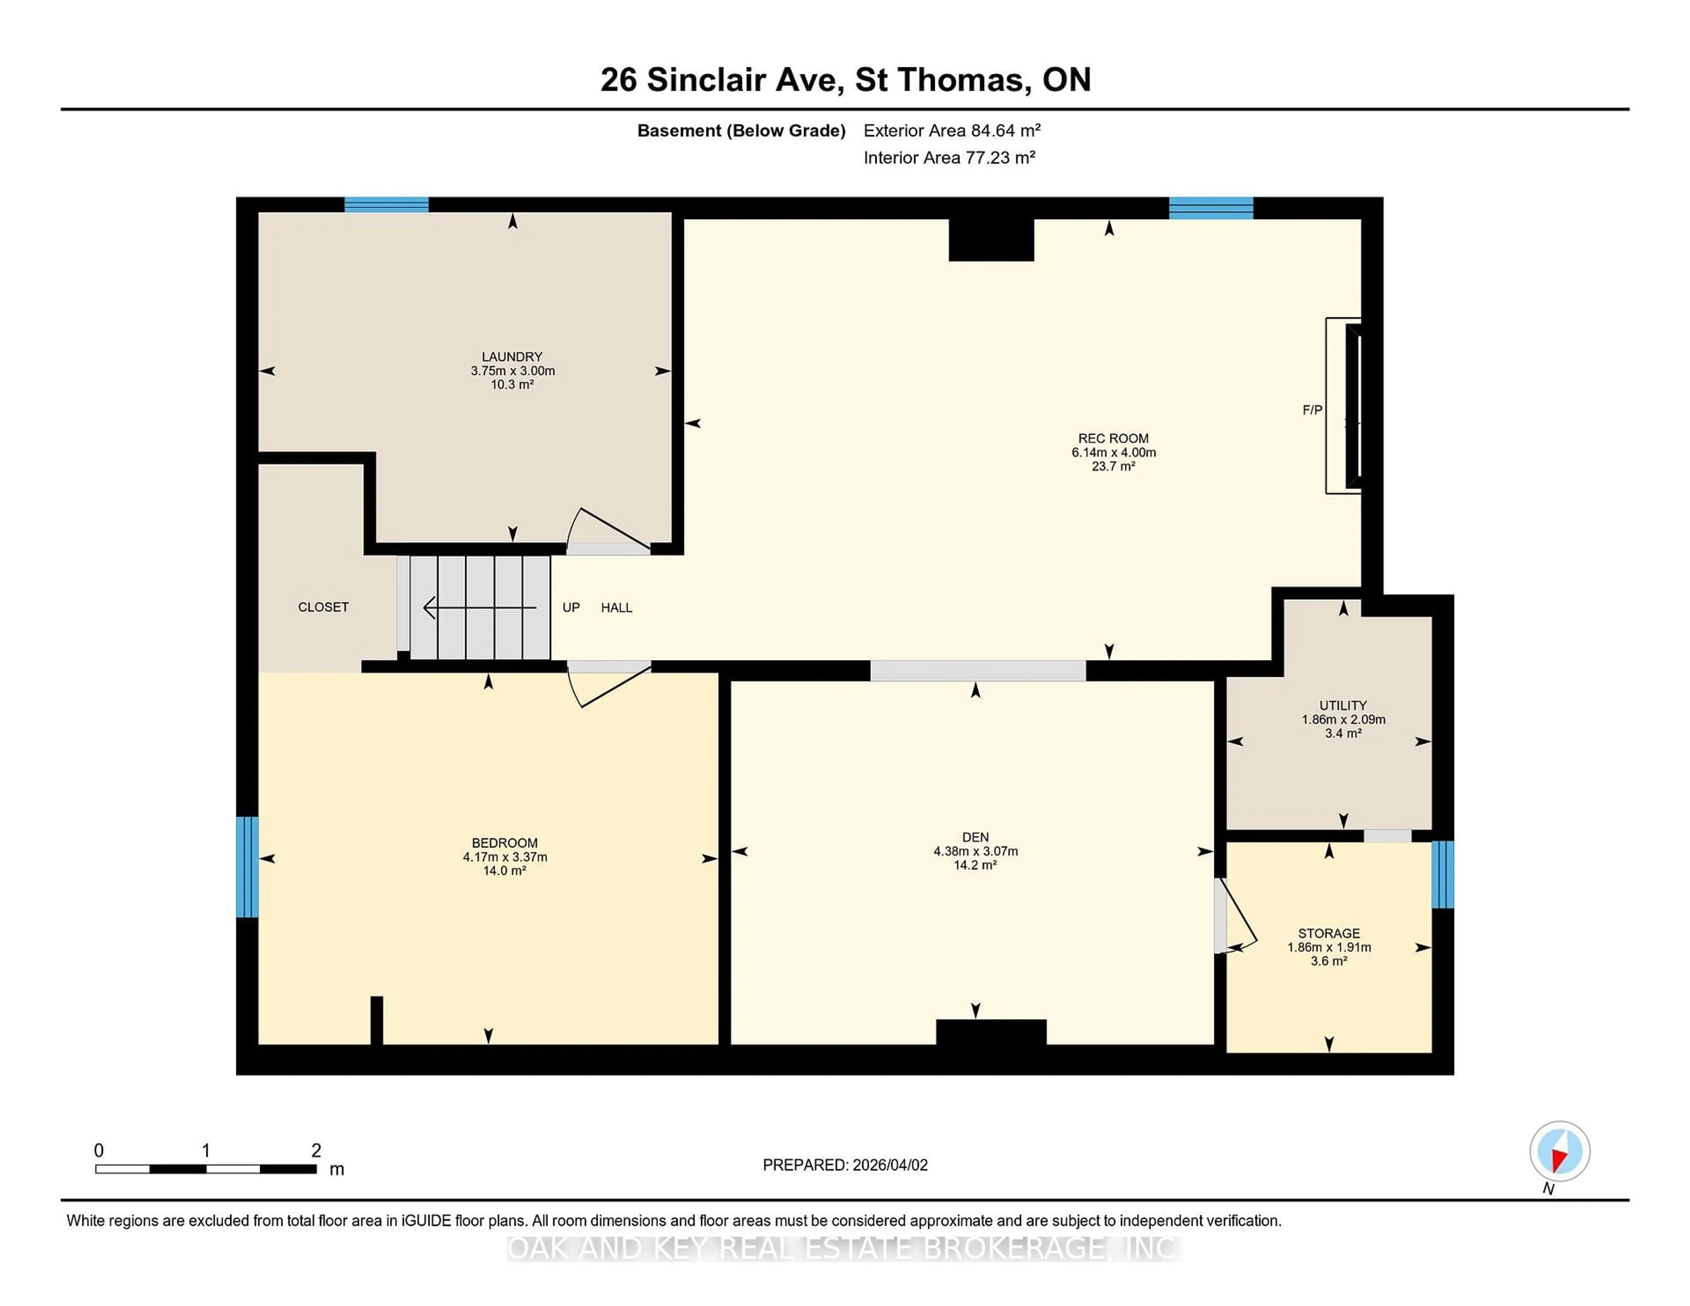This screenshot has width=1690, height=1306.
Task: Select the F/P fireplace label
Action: pyautogui.click(x=1312, y=410)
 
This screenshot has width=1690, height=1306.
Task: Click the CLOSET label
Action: pyautogui.click(x=323, y=607)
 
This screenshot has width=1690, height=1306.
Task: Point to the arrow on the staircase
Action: pyautogui.click(x=480, y=608)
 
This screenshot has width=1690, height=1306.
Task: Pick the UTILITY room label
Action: pyautogui.click(x=1343, y=706)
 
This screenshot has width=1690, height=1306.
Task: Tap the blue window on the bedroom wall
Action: pyautogui.click(x=247, y=866)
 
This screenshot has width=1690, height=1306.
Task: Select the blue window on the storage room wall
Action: pyautogui.click(x=1442, y=874)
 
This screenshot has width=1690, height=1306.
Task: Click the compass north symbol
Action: pyautogui.click(x=1559, y=1151)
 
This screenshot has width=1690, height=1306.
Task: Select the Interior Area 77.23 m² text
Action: pyautogui.click(x=949, y=158)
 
